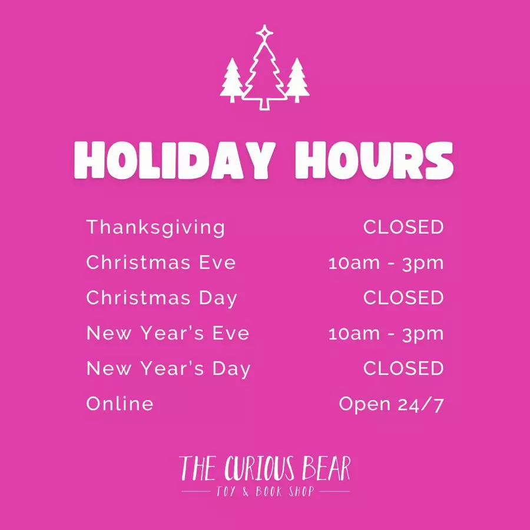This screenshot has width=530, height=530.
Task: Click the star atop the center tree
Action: point(264,32)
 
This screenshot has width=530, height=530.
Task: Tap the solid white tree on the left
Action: point(232,81)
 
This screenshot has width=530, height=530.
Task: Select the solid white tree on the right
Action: point(297,81)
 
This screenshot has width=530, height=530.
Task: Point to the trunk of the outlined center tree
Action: point(264,104)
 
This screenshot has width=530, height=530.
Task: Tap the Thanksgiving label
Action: point(155,227)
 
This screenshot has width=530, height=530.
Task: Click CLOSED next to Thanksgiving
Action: point(403,227)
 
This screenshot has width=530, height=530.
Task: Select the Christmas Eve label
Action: point(161,262)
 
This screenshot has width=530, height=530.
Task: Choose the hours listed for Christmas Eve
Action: point(386,264)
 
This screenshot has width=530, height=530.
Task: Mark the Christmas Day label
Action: point(161,299)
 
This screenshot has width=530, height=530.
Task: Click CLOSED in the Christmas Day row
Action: point(403,297)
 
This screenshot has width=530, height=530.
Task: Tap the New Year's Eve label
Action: point(168,333)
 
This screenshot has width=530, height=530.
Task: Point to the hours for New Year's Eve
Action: point(386,334)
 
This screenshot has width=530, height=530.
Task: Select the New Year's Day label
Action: point(168,369)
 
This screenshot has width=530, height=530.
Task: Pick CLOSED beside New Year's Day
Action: point(403,368)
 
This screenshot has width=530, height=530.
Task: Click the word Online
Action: point(120,403)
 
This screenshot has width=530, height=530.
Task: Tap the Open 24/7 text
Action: point(391,405)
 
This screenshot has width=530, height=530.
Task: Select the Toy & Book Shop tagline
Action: point(265,491)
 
